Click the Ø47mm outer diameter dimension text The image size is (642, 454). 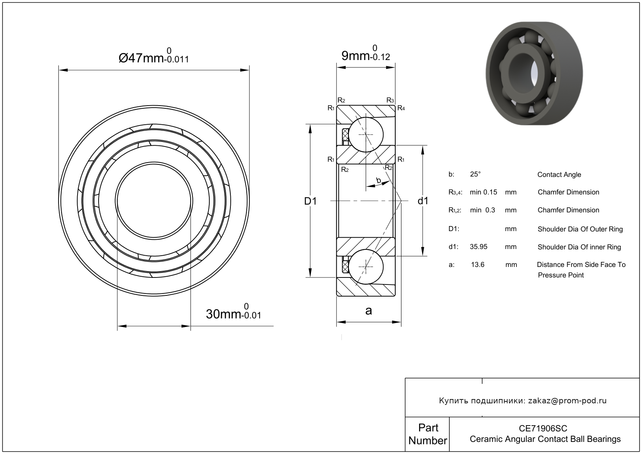(x=153, y=57)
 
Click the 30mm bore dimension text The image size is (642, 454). (x=233, y=313)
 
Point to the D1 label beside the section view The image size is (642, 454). (x=310, y=201)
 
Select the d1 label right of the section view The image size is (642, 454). (x=423, y=201)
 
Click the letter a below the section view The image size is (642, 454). (x=368, y=311)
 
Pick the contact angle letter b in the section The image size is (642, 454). (x=378, y=180)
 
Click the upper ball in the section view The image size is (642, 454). (x=366, y=134)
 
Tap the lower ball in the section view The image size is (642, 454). (x=366, y=267)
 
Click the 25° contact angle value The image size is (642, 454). (x=475, y=175)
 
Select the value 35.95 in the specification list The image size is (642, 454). (x=479, y=247)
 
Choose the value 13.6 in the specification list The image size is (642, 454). (x=478, y=265)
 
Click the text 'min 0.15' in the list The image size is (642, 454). (x=483, y=192)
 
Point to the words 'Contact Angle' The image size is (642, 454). (x=559, y=175)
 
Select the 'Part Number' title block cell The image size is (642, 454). (x=428, y=434)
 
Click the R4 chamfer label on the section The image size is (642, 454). (x=401, y=108)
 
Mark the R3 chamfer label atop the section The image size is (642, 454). (x=390, y=101)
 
